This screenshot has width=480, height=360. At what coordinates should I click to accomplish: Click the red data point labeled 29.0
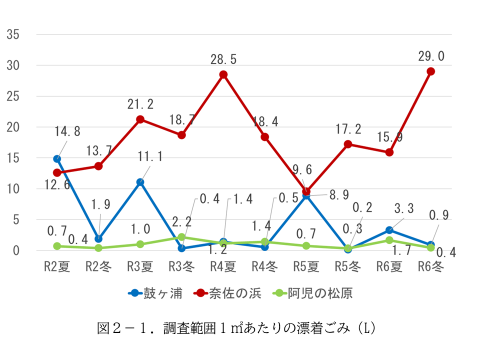(x=430, y=71)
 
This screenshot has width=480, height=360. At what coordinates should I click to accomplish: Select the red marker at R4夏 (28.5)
(x=223, y=74)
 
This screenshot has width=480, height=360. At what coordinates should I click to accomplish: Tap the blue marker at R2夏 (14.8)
(x=57, y=159)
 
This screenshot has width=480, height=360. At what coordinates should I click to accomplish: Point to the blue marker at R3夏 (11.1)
(x=140, y=182)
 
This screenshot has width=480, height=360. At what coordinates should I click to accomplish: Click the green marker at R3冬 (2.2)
(x=182, y=237)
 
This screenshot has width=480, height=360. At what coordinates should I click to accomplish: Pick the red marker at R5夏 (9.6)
(x=306, y=191)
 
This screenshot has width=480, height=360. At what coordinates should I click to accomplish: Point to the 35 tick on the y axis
(x=12, y=34)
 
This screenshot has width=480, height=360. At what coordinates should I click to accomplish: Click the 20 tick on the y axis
(x=12, y=127)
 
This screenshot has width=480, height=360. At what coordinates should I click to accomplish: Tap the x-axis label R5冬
(x=347, y=266)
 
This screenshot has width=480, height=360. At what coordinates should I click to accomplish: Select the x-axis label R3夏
(x=140, y=266)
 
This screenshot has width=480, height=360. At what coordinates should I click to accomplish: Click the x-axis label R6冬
(x=430, y=266)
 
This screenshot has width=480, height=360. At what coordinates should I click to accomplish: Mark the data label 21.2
(x=140, y=104)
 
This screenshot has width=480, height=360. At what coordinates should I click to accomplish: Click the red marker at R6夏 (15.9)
(x=389, y=152)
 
